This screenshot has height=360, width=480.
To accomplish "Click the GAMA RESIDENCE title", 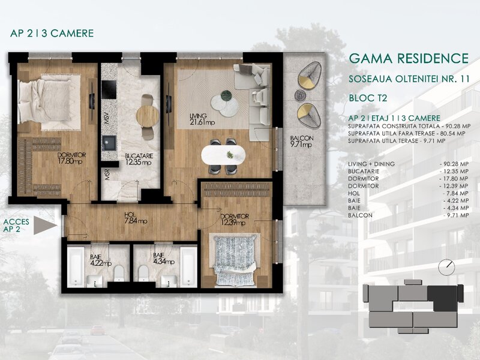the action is (x=409, y=58).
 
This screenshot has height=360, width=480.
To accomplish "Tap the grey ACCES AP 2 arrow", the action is (x=44, y=226).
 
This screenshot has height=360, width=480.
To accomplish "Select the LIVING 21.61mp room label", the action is (x=202, y=119).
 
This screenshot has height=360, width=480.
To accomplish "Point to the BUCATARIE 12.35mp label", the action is (x=139, y=159).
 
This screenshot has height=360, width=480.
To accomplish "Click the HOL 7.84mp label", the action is (x=136, y=218).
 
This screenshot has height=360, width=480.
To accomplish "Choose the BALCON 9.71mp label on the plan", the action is (x=302, y=142).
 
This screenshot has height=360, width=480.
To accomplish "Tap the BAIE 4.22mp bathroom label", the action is (x=101, y=260).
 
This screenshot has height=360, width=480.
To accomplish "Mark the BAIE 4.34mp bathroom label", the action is (x=163, y=259).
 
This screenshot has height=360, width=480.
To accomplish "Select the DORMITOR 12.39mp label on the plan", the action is (x=235, y=220).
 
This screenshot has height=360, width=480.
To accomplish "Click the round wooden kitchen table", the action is (x=148, y=116).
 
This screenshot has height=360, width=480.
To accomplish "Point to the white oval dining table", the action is (x=223, y=155).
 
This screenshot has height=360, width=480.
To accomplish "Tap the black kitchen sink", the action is (x=109, y=143).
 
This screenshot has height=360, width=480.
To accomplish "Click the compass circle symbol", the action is (x=446, y=267).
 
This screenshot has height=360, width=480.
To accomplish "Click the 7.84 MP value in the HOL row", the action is (x=456, y=193).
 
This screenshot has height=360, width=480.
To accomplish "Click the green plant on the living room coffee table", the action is (x=227, y=95).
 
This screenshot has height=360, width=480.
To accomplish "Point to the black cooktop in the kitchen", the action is (x=109, y=89).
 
